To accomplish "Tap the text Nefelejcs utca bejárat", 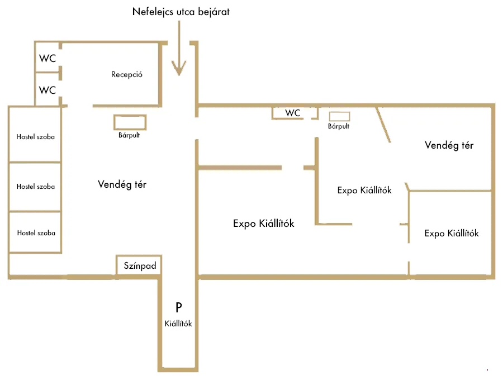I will point(181,11).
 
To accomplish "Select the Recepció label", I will point(126,74).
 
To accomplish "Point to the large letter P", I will point(179,307).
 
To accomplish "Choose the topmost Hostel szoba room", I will point(35,136).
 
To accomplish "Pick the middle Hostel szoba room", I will point(35,187).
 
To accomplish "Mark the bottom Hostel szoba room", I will point(35,232).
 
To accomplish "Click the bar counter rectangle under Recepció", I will point(130,122).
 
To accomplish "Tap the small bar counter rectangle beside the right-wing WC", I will point(339,116).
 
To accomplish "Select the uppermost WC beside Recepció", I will point(48,58).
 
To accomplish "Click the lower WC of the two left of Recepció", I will point(48,89).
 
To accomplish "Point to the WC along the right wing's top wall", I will point(293,113).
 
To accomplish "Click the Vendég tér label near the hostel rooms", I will point(122,184).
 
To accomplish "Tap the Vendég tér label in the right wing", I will point(449,145).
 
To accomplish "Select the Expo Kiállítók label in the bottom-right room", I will point(452,234).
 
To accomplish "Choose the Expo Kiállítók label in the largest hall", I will point(263,224).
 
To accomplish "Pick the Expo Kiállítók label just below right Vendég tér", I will point(364,190).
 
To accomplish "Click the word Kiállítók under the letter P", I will point(179,323).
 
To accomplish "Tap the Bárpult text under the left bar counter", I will point(129,135).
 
